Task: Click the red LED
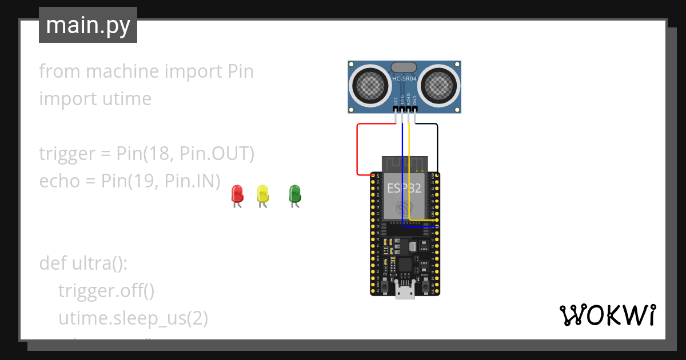point(237,193)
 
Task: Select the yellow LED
point(262,193)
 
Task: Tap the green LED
point(294,193)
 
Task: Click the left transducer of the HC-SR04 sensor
point(371,85)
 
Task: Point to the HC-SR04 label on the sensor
point(405,79)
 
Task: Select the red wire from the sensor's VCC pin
point(358,149)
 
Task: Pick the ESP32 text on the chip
point(404,189)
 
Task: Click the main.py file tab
point(88,25)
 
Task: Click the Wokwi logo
point(607,315)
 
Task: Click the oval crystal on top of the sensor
point(405,67)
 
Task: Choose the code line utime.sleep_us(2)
point(133,318)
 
